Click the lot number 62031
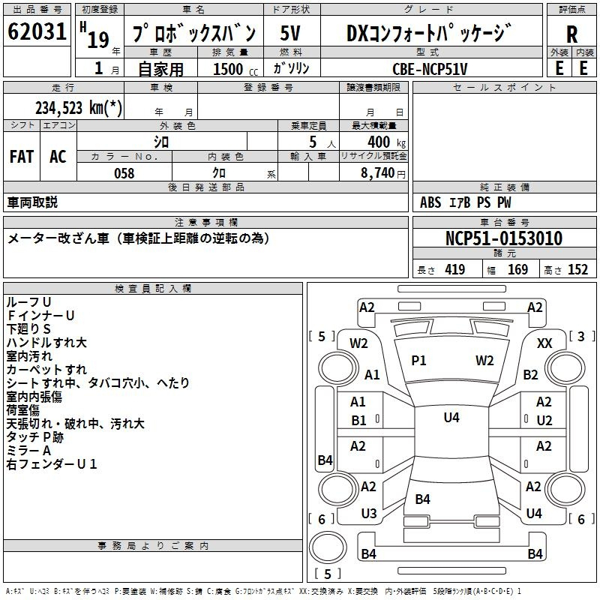pyautogui.click(x=37, y=31)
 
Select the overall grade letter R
pyautogui.click(x=571, y=34)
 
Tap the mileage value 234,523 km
pyautogui.click(x=79, y=108)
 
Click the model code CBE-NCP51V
pyautogui.click(x=430, y=69)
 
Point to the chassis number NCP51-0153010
pyautogui.click(x=504, y=238)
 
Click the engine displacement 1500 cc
pyautogui.click(x=235, y=69)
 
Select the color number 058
pyautogui.click(x=124, y=173)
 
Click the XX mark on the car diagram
pyautogui.click(x=544, y=343)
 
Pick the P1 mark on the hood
pyautogui.click(x=418, y=361)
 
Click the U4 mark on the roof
pyautogui.click(x=451, y=417)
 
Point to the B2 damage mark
pyautogui.click(x=530, y=374)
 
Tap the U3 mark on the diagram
pyautogui.click(x=369, y=514)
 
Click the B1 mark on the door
pyautogui.click(x=358, y=421)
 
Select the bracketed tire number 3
pyautogui.click(x=580, y=336)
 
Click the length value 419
pyautogui.click(x=455, y=269)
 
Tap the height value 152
pyautogui.click(x=577, y=269)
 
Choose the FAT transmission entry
pyautogui.click(x=22, y=157)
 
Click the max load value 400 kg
pyautogui.click(x=386, y=142)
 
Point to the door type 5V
pyautogui.click(x=290, y=33)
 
